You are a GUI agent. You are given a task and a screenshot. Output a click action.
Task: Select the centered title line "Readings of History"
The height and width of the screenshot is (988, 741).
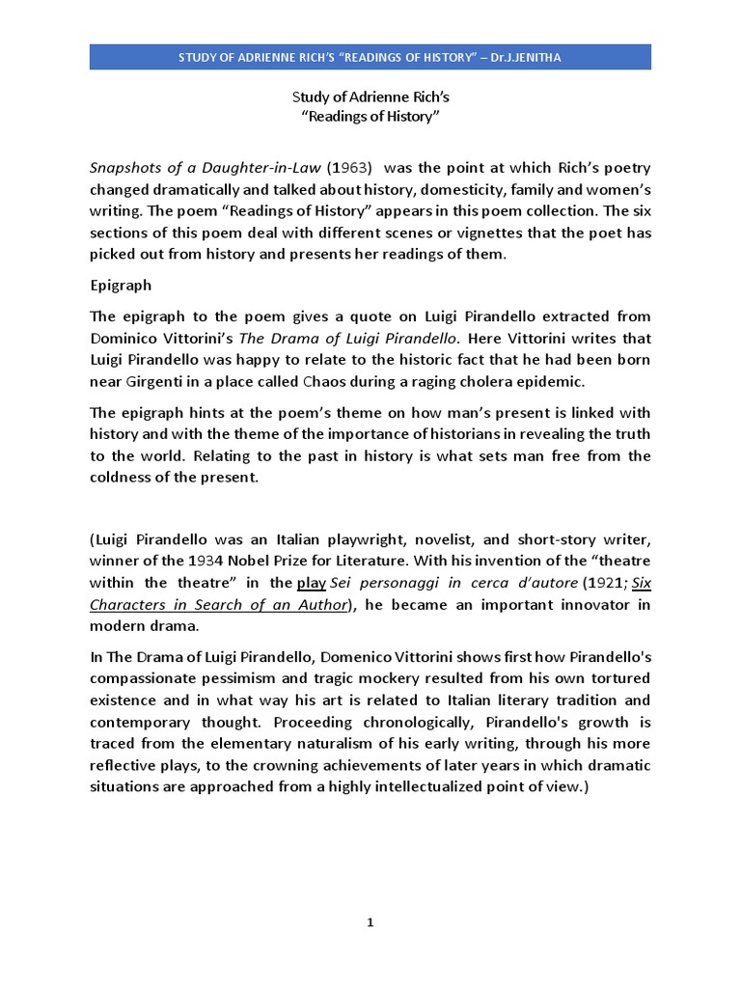click(370, 117)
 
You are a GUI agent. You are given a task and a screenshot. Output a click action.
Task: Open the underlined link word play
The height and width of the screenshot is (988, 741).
click(312, 583)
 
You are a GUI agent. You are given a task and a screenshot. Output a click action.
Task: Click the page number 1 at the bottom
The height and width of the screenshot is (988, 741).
click(370, 922)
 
